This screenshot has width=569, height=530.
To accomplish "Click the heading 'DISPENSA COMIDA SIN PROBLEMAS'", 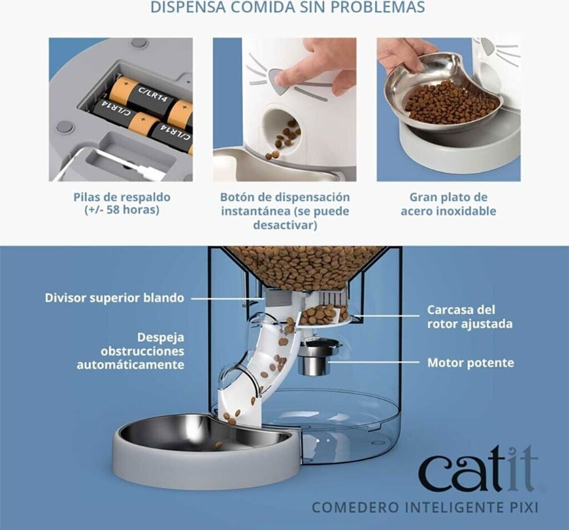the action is pyautogui.click(x=287, y=7).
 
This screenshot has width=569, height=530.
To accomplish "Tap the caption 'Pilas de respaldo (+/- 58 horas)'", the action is pyautogui.click(x=122, y=203).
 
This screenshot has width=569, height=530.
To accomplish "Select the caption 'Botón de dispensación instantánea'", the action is pyautogui.click(x=285, y=204).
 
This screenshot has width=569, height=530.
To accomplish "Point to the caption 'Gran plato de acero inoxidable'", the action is pyautogui.click(x=448, y=204).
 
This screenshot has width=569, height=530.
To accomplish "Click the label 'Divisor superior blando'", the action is pyautogui.click(x=114, y=298).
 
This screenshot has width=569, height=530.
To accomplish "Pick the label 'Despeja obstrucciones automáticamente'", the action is pyautogui.click(x=130, y=351).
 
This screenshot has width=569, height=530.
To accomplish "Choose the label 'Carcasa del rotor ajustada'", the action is pyautogui.click(x=470, y=317).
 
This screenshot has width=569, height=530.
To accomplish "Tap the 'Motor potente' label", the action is pyautogui.click(x=471, y=362).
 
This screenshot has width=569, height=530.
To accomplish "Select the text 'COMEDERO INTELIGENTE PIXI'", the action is pyautogui.click(x=425, y=507).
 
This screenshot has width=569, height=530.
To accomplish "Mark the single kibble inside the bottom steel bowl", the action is pyautogui.click(x=218, y=444).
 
